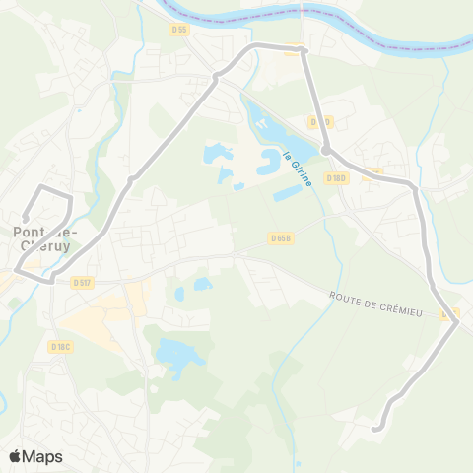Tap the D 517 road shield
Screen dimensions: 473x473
click(82, 284)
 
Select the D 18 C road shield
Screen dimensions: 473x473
click(61, 346)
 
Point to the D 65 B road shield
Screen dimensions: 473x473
click(280, 237)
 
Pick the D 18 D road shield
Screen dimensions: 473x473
click(336, 178)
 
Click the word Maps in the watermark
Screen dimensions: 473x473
click(43, 456)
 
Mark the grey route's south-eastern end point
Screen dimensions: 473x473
click(375, 428)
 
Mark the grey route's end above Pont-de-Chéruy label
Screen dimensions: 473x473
click(25, 218)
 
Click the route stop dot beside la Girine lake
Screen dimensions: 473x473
click(325, 150)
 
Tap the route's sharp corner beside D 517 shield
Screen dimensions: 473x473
click(51, 281)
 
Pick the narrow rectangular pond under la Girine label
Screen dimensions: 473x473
click(290, 193)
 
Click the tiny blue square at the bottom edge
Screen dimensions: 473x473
click(296, 463)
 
